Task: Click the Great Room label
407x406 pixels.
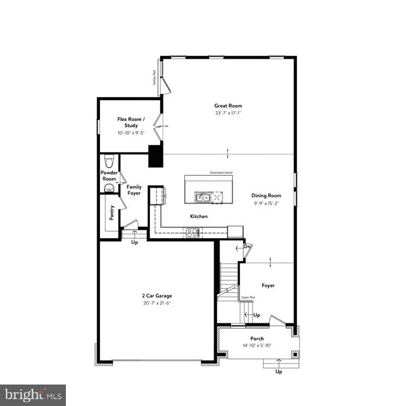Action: [x=228, y=105]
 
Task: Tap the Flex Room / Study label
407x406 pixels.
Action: [x=127, y=122]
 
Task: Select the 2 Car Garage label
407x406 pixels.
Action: [x=157, y=296]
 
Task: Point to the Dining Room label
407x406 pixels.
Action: [x=266, y=196]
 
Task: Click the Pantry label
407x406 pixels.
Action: [x=112, y=213]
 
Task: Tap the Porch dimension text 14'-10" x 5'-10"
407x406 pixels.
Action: [x=257, y=345]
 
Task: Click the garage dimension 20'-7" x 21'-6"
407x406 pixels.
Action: [x=157, y=303]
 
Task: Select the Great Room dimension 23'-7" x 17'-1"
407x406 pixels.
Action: [x=228, y=113]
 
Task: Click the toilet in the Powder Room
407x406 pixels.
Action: [x=109, y=160]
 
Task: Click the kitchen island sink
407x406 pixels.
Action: [x=203, y=198]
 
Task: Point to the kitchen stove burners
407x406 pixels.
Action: [x=192, y=233]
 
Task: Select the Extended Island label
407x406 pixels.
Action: [x=221, y=173]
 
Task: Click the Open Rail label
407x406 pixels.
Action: [x=247, y=297]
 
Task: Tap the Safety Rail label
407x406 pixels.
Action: [x=154, y=78]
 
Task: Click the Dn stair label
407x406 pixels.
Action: [x=247, y=247]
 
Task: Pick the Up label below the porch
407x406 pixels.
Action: [x=279, y=371]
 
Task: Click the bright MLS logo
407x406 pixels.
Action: [x=33, y=395]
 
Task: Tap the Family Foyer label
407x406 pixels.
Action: [x=134, y=190]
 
